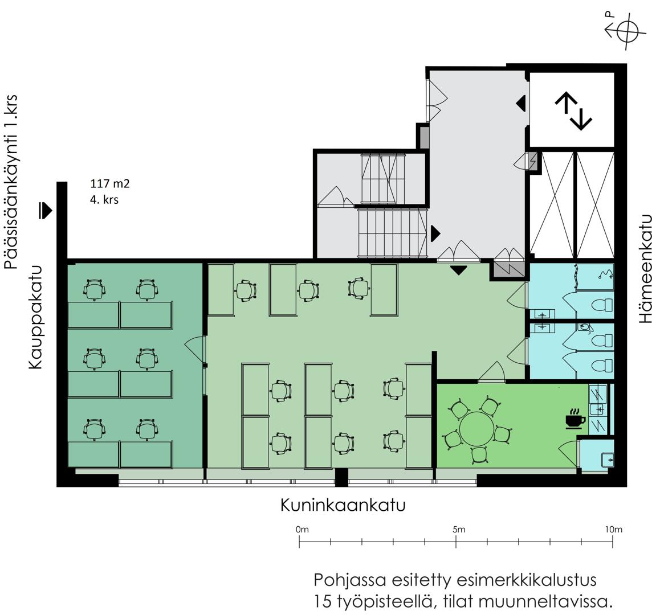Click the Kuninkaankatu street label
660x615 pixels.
343,505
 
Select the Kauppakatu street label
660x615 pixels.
36,317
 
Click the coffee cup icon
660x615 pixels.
575,418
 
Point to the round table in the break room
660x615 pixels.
476,429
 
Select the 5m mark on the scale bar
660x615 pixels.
456,542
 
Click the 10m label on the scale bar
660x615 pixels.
613,529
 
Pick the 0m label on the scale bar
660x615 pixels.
302,529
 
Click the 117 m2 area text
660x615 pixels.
110,183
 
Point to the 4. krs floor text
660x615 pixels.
104,199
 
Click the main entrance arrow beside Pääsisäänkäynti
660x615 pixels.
45,210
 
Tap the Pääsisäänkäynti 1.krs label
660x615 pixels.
11,182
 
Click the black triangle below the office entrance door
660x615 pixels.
458,270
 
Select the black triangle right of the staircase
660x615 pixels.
435,233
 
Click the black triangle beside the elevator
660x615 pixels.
521,103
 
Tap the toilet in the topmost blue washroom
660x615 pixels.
602,305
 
